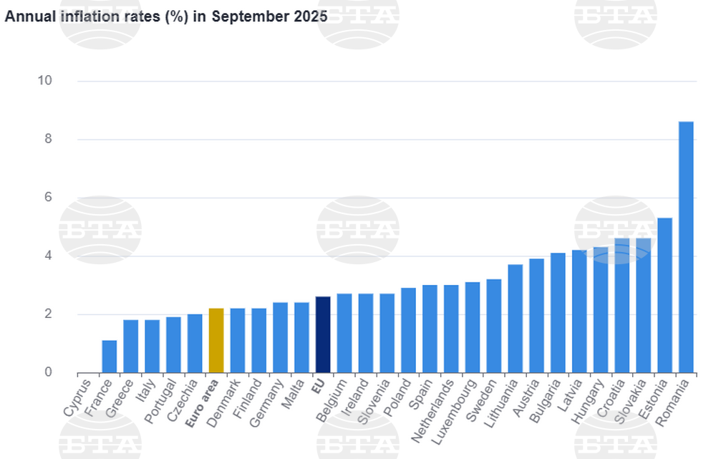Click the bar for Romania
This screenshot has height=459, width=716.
(x=686, y=247)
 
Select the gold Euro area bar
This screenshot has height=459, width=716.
(x=216, y=340)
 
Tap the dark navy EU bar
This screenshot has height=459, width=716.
(x=323, y=334)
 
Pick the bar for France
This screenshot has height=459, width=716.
(x=109, y=356)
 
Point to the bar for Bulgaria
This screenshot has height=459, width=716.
(x=558, y=312)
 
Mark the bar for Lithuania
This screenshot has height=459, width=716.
(x=515, y=318)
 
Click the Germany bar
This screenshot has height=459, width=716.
(x=280, y=337)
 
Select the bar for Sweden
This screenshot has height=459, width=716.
(x=494, y=326)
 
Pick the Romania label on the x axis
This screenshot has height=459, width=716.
(x=674, y=402)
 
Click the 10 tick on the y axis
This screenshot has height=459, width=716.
(x=45, y=80)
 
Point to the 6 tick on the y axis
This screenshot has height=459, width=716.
(x=48, y=197)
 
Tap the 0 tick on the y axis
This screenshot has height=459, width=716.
(x=48, y=372)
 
